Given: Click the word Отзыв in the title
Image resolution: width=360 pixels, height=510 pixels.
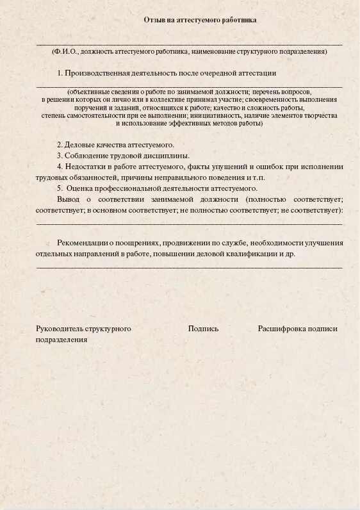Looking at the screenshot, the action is pos(154,20).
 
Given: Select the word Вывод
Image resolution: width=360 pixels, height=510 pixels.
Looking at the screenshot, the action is pos(68,199).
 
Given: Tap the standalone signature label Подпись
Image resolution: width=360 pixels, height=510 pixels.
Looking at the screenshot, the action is pos(203,329).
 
